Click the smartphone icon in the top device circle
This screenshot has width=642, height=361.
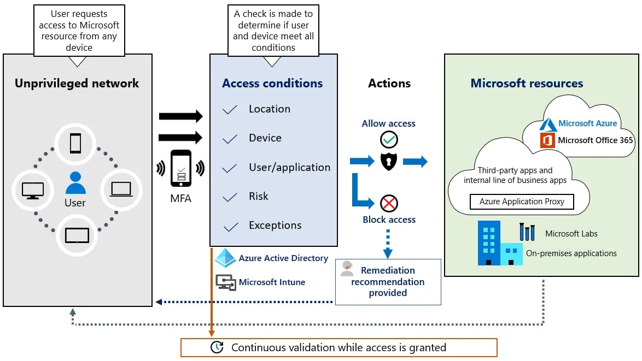tap(75, 143)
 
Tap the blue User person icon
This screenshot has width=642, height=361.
tap(75, 183)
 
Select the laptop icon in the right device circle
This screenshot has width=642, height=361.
tap(121, 189)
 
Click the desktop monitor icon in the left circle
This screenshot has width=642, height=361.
tap(32, 190)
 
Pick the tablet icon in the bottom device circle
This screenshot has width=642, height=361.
tap(77, 235)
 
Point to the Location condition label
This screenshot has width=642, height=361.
tap(270, 109)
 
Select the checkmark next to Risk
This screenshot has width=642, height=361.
tap(230, 197)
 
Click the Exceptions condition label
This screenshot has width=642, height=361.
tap(275, 226)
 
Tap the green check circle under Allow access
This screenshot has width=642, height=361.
tap(389, 140)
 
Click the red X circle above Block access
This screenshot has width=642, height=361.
tap(389, 204)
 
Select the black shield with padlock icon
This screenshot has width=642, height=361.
tap(389, 161)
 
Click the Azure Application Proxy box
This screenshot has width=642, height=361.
tap(522, 202)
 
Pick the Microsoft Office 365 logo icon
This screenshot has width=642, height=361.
tap(547, 140)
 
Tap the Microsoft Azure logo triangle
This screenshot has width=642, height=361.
tap(548, 124)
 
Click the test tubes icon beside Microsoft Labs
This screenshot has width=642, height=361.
tap(527, 232)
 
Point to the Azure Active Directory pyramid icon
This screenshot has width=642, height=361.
tap(225, 258)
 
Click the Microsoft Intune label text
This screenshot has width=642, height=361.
tap(272, 282)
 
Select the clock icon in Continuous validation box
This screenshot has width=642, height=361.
tap(217, 347)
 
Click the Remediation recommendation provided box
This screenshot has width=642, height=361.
tap(388, 282)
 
